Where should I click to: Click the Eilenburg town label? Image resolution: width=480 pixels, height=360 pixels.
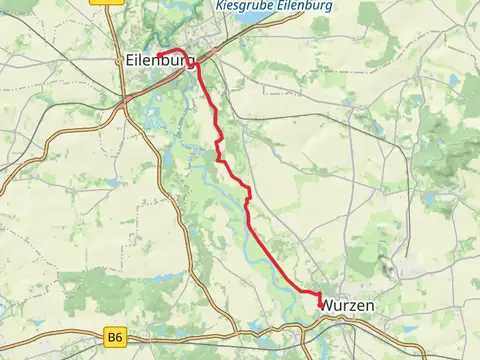pos(161,61)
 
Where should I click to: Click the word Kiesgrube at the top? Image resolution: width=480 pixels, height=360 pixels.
pos(241,5)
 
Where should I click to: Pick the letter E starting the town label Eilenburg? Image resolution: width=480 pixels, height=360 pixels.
pos(131,61)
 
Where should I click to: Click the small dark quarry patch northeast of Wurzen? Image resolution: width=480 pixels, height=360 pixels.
pos(385,264)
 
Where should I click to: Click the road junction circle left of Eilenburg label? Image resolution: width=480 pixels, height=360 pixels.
pos(122,99)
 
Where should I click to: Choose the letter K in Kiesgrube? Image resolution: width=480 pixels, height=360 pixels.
pos(220,5)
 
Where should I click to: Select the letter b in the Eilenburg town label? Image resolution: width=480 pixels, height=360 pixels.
pos(161,61)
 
